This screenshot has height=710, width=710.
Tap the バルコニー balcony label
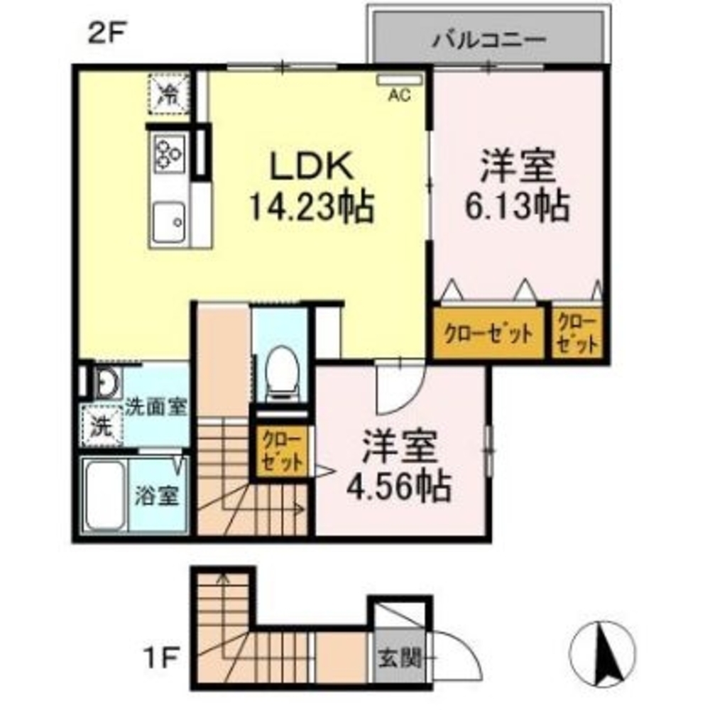point(488,38)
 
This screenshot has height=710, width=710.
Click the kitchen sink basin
point(168,222)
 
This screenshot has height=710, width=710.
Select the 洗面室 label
point(156,408)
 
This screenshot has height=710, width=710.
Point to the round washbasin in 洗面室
point(106,384)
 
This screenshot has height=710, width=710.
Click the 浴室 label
point(156,496)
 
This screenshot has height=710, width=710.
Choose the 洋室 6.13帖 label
point(516,186)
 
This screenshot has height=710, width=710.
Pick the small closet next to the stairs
point(282,452)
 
